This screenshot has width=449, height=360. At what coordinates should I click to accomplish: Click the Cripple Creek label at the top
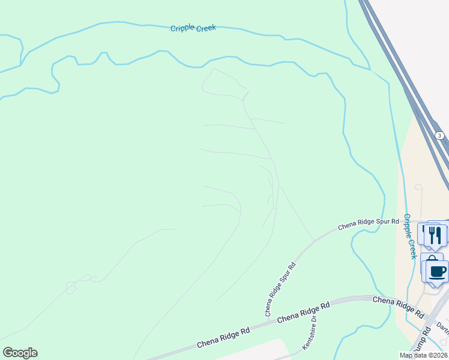[193, 28]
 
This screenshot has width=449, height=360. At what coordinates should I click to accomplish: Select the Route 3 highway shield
[440, 136]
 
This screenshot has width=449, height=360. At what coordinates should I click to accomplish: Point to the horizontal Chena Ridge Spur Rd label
[368, 224]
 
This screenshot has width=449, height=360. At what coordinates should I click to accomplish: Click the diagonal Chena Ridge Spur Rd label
[280, 289]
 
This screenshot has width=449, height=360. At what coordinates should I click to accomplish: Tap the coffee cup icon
[438, 271]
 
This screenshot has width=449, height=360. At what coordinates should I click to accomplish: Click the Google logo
[20, 353]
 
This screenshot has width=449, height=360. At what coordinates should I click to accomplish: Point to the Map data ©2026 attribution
[423, 355]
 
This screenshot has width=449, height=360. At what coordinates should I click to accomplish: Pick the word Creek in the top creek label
[204, 28]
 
